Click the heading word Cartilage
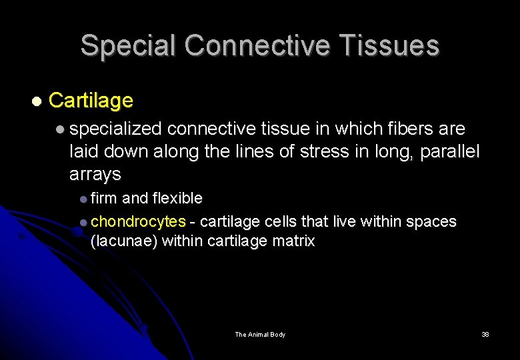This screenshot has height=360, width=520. [x=91, y=101]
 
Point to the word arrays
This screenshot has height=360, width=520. [x=95, y=175]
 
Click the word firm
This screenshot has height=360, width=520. [x=103, y=198]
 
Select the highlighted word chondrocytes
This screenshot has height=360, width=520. [x=138, y=221]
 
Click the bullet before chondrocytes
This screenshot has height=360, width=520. [x=83, y=221]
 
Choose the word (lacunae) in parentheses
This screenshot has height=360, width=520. [x=124, y=241]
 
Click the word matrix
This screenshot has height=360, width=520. [x=293, y=241]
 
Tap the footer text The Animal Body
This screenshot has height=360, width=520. [x=260, y=334]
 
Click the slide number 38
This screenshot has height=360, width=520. [x=485, y=334]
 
